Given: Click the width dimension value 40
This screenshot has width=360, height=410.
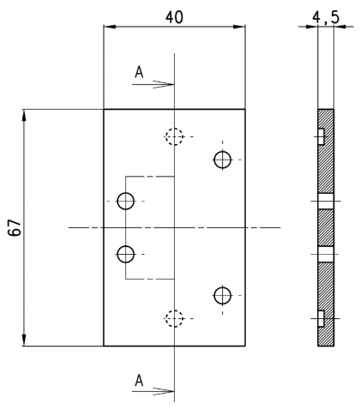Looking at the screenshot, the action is pyautogui.click(x=174, y=17).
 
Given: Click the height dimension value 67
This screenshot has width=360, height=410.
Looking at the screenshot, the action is pyautogui.click(x=15, y=227).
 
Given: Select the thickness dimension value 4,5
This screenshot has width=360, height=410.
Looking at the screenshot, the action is pyautogui.click(x=326, y=18).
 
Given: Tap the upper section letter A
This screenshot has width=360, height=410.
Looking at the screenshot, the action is pyautogui.click(x=139, y=72).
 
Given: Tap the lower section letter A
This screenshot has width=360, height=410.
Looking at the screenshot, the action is pyautogui.click(x=139, y=380).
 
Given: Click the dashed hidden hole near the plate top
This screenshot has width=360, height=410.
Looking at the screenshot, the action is pyautogui.click(x=174, y=136).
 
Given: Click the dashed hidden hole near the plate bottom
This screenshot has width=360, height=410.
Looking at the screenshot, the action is pyautogui.click(x=174, y=318).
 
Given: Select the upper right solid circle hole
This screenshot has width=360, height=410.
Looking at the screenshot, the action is pyautogui.click(x=223, y=160).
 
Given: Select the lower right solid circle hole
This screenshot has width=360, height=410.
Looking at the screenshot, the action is pyautogui.click(x=223, y=295).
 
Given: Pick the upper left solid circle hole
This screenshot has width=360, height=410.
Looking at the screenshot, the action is pyautogui.click(x=126, y=201).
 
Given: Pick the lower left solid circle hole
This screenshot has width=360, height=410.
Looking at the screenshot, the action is pyautogui.click(x=126, y=254).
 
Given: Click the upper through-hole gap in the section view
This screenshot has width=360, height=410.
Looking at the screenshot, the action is pyautogui.click(x=326, y=201).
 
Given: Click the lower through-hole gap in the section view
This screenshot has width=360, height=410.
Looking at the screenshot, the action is pyautogui.click(x=326, y=254).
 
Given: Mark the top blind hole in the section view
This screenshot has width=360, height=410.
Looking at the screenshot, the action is pyautogui.click(x=321, y=136).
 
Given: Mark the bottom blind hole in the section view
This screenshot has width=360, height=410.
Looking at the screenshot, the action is pyautogui.click(x=321, y=318).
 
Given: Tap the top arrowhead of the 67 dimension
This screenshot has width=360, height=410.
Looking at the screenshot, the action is pyautogui.click(x=24, y=115).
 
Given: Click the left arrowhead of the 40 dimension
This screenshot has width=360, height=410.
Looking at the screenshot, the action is pyautogui.click(x=110, y=27).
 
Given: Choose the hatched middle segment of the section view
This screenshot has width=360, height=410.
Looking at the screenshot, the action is pyautogui.click(x=326, y=227).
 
